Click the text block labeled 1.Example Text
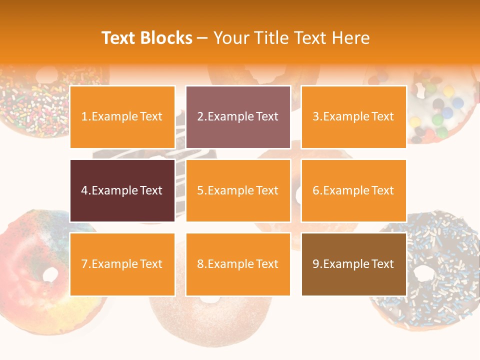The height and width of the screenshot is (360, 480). coord(122,117)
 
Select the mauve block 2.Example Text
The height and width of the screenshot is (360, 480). coord(238,117)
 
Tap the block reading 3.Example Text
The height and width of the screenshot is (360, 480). coord(353,117)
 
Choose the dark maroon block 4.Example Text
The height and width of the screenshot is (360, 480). coord(122,190)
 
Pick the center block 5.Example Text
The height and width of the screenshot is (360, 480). coord(238,190)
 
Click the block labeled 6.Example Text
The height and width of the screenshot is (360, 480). coord(353,190)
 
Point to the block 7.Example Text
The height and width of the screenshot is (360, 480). coord(122,264)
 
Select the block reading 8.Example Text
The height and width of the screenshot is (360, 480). coord(238,264)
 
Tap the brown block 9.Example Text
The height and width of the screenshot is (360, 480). coord(353,264)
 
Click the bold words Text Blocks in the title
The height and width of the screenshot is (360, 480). coord(147,38)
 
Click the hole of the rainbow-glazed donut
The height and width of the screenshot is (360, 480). coord(50,274)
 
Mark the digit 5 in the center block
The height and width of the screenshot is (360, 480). coord(200,190)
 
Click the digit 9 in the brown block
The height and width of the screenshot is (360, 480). coord(315,264)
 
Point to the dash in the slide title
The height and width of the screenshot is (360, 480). coord(202,38)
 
